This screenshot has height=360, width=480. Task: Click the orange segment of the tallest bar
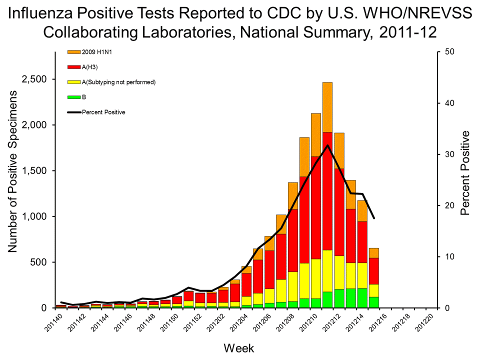pyautogui.click(x=327, y=107)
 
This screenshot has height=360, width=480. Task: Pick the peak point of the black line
pyautogui.click(x=327, y=145)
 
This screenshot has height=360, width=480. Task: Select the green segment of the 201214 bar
pyautogui.click(x=362, y=298)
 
